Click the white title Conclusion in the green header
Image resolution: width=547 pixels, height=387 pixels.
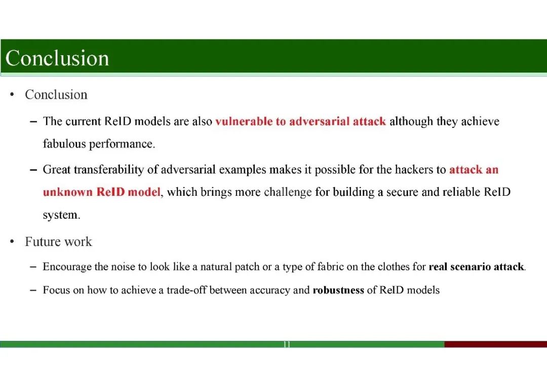(x=57, y=58)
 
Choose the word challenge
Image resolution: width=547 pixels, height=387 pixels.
(x=288, y=192)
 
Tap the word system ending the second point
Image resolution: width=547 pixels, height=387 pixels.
(x=61, y=215)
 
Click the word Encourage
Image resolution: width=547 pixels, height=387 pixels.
(x=67, y=267)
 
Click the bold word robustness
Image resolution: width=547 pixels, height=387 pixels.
(x=338, y=291)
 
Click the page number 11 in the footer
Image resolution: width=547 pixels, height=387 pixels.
(x=287, y=344)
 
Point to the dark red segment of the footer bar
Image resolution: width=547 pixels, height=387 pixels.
(x=495, y=344)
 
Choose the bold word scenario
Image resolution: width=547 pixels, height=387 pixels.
(x=471, y=267)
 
